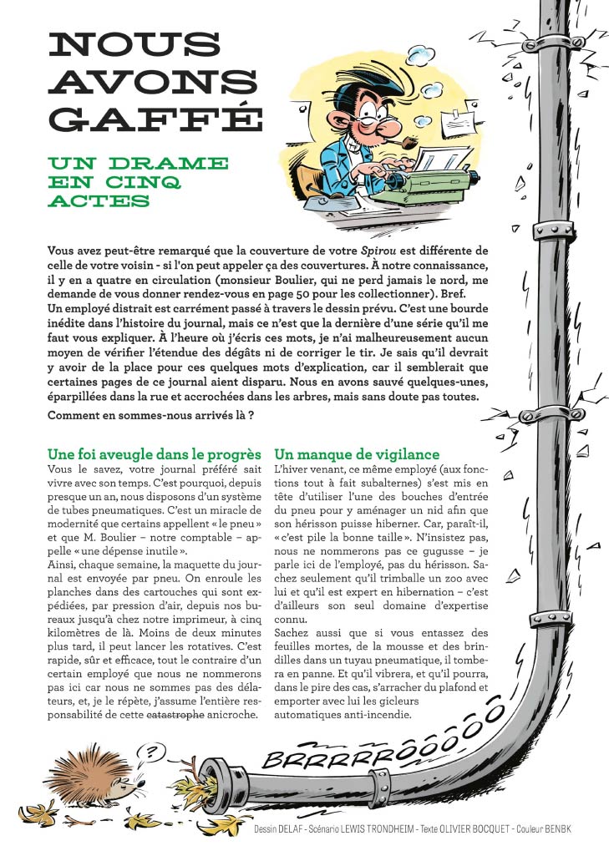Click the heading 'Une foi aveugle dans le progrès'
(x=155, y=454)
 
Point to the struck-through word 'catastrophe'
(x=176, y=714)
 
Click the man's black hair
(x=359, y=84)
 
